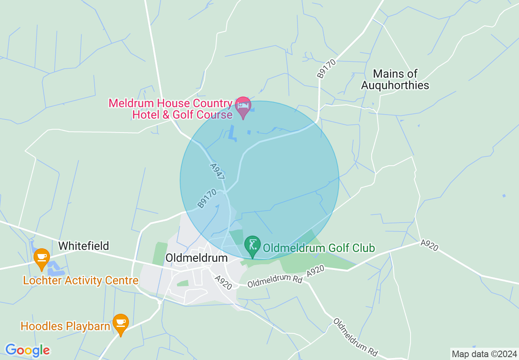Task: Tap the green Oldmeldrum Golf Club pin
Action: click(253, 246)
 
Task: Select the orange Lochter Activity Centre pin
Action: click(41, 258)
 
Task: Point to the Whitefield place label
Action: click(83, 246)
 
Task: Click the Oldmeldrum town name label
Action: click(196, 258)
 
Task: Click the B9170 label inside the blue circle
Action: click(207, 198)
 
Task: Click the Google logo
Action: click(27, 350)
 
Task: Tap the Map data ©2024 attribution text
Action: click(484, 353)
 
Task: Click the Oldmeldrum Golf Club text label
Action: click(319, 248)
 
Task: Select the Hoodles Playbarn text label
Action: click(65, 326)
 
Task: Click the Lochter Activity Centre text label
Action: click(81, 281)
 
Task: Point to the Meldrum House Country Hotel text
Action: click(171, 109)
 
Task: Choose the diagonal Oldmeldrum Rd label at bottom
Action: click(355, 337)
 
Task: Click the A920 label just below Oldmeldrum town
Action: click(224, 282)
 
